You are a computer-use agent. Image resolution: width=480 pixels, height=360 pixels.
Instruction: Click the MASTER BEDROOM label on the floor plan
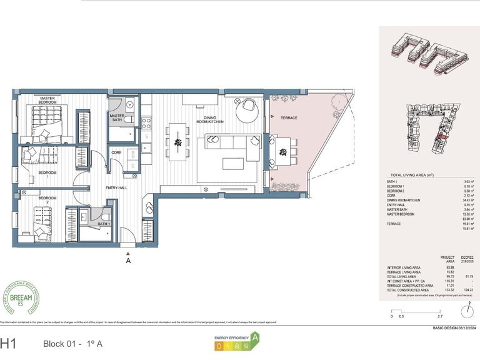click(x=47, y=100)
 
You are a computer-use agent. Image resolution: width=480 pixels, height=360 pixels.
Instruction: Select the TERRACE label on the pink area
click(x=289, y=118)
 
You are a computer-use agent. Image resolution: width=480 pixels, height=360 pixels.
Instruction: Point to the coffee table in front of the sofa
click(x=235, y=164)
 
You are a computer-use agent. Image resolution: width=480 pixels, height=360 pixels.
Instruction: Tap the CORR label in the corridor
click(x=116, y=152)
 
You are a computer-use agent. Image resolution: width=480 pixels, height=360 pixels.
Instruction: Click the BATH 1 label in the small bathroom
click(x=103, y=223)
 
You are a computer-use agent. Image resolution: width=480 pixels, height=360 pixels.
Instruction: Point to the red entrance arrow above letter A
click(x=128, y=253)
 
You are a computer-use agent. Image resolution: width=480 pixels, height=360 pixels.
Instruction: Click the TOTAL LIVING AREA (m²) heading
click(x=411, y=176)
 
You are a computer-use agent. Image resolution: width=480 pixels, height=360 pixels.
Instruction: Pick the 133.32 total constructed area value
click(x=431, y=290)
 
